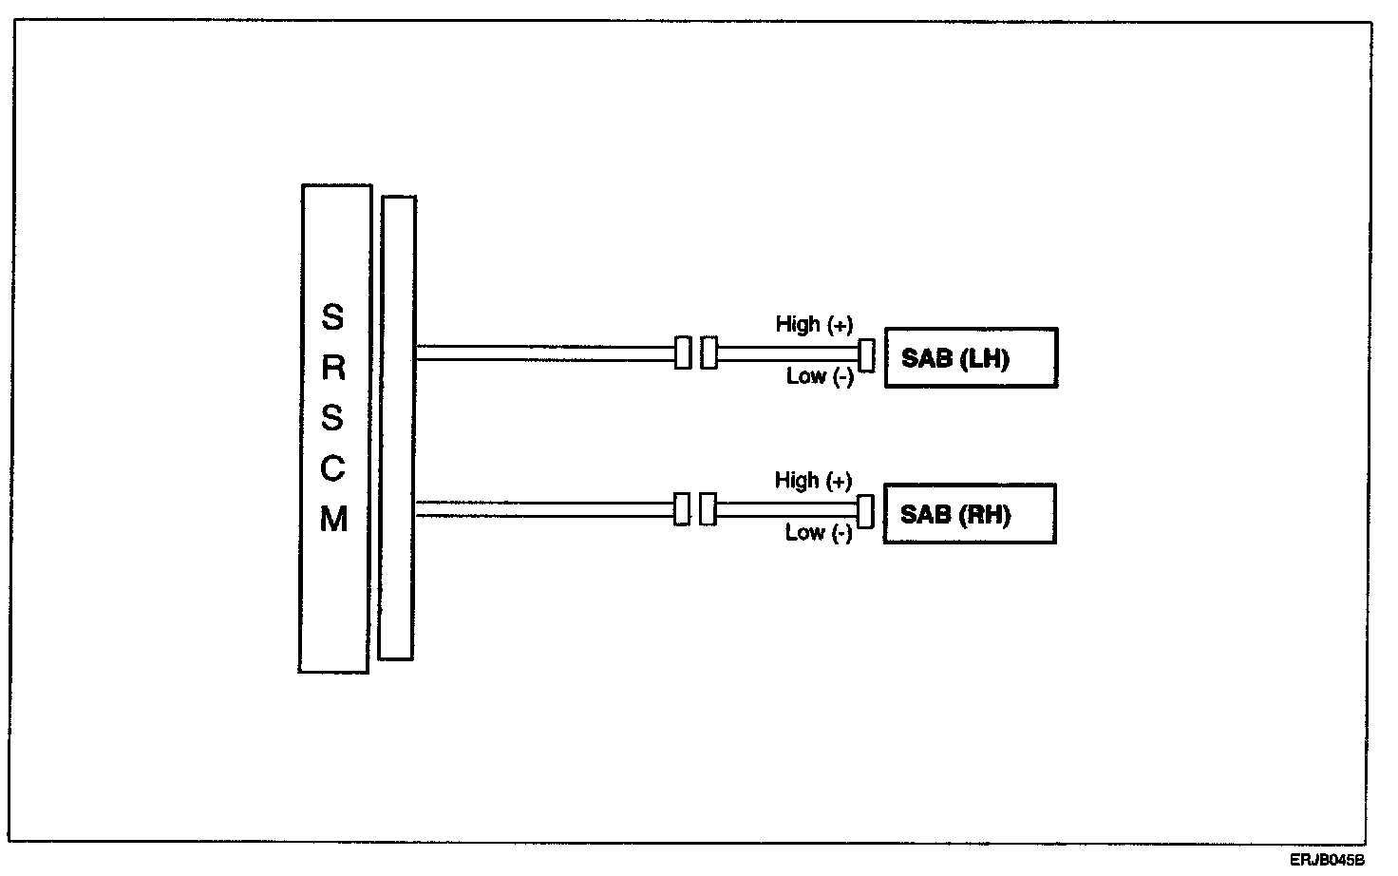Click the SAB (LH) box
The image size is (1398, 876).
(x=971, y=358)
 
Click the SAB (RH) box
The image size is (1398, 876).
(x=970, y=514)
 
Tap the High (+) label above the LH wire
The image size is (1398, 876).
(x=814, y=325)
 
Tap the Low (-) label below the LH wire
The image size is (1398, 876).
(x=820, y=377)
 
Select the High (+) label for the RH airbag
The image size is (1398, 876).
(x=813, y=481)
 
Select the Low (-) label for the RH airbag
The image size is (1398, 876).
(x=818, y=533)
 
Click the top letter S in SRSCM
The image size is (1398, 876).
(x=332, y=316)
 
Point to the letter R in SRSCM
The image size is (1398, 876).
(x=333, y=368)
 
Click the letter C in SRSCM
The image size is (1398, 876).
(x=332, y=468)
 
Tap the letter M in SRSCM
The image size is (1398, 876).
(x=333, y=520)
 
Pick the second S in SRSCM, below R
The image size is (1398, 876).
(x=332, y=418)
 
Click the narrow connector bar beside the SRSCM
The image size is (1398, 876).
(x=397, y=427)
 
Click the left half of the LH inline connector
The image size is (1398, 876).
(x=683, y=352)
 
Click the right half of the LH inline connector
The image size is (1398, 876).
(x=708, y=353)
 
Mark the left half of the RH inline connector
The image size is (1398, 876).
(x=682, y=509)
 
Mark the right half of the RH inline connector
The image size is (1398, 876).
(x=708, y=509)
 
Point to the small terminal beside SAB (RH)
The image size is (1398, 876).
(x=864, y=511)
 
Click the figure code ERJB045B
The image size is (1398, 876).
(x=1327, y=861)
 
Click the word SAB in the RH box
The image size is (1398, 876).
(x=925, y=515)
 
